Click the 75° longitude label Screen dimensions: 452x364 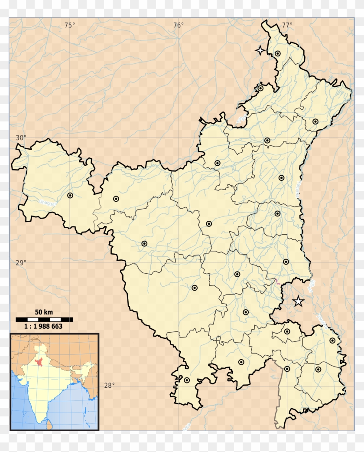pyautogui.click(x=69, y=25)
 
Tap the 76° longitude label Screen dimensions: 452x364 pyautogui.click(x=178, y=25)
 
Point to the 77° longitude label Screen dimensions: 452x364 pyautogui.click(x=286, y=25)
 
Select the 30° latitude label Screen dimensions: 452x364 pyautogui.click(x=21, y=138)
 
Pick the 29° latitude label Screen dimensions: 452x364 pyautogui.click(x=21, y=262)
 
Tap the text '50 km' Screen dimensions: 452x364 pyautogui.click(x=44, y=312)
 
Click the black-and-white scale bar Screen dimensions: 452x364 pyautogui.click(x=44, y=319)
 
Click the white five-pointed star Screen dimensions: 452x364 pyautogui.click(x=298, y=301)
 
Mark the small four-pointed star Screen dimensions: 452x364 pyautogui.click(x=260, y=51)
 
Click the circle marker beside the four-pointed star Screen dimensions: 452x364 pyautogui.click(x=278, y=53)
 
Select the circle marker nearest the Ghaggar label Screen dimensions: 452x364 pyautogui.click(x=70, y=196)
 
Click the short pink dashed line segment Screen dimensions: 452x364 pyautogui.click(x=277, y=282)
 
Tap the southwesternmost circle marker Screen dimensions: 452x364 pyautogui.click(x=187, y=380)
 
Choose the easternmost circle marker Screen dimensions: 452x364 pyautogui.click(x=332, y=341)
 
